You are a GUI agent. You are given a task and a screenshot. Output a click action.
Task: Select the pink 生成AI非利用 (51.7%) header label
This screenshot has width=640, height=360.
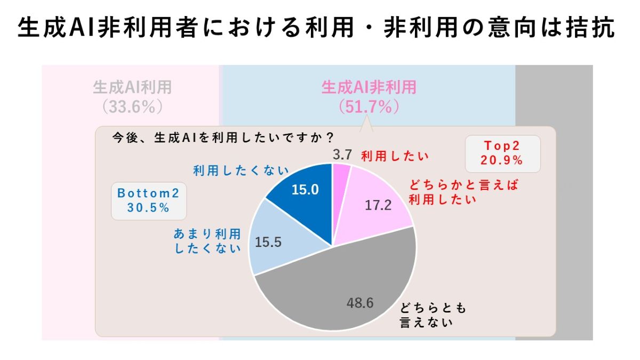coord(369,96)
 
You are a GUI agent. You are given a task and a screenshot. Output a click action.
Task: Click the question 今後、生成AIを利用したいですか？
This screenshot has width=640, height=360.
coord(223,138)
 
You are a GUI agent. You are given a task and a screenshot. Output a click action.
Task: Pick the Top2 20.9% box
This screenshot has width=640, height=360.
coord(502,153)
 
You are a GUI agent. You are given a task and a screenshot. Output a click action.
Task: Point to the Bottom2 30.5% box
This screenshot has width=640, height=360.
coord(148,201)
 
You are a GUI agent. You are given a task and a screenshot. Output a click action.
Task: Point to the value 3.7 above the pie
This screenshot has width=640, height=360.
coord(342,155)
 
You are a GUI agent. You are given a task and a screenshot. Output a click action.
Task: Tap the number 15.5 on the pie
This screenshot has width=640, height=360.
coord(268,242)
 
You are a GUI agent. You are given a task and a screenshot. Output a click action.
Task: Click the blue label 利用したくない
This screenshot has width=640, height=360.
coord(241,171)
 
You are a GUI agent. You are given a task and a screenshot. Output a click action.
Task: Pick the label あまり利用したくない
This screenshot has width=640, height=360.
coord(208,241)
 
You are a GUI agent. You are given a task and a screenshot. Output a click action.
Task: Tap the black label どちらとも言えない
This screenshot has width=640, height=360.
coord(433,315)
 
